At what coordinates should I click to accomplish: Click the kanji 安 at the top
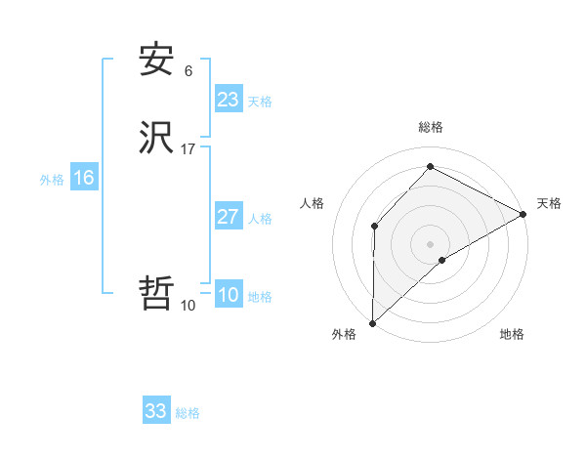[156, 61]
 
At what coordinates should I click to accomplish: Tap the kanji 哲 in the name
[156, 293]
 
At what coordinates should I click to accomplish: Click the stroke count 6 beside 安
[188, 71]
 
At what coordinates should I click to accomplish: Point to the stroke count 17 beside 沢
[188, 149]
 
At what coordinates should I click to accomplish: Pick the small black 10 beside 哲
[188, 306]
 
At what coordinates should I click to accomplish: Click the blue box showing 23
[228, 100]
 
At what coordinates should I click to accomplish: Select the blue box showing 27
[228, 217]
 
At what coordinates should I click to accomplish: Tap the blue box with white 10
[228, 296]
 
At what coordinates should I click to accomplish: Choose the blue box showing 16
[83, 178]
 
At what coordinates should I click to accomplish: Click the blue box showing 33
[155, 411]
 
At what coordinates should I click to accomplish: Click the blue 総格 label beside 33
[188, 413]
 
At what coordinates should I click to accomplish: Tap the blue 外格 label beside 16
[52, 180]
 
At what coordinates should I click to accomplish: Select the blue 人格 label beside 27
[261, 219]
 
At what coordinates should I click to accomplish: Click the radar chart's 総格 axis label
[431, 127]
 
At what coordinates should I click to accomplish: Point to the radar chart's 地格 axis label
[512, 335]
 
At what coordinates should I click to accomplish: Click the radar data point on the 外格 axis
[373, 322]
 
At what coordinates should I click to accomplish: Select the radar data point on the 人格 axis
[375, 226]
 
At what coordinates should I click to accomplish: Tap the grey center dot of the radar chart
[431, 243]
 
